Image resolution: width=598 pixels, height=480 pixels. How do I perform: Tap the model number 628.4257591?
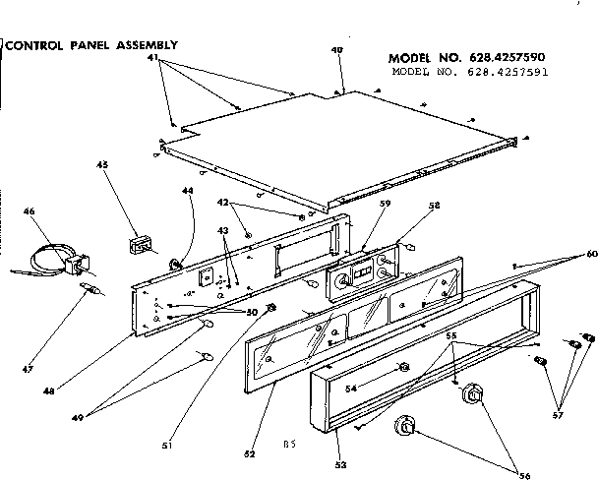(x=469, y=73)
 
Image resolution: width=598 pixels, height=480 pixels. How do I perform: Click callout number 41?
(x=152, y=60)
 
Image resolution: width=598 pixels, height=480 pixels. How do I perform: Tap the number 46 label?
(x=29, y=210)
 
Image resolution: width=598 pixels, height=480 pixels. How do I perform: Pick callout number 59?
(x=358, y=205)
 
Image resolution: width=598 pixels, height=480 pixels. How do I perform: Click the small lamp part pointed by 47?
(x=90, y=290)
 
